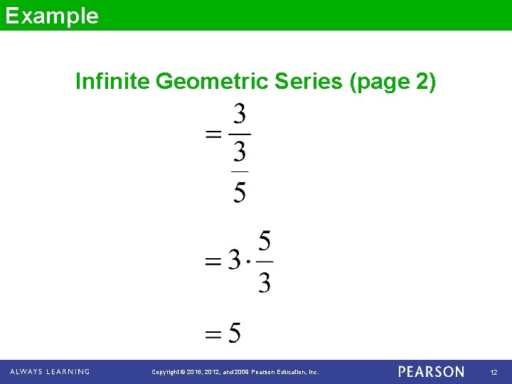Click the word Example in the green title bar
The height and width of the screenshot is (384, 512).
coord(51,16)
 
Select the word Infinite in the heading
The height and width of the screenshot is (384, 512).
coord(112,82)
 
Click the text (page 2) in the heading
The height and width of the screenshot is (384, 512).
coord(393,82)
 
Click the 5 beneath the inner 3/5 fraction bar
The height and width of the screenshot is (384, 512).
coord(240,192)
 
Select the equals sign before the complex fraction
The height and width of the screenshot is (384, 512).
coord(213,134)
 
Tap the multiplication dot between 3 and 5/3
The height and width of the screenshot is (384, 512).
coord(247,262)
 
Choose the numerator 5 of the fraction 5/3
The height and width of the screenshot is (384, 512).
coord(264,242)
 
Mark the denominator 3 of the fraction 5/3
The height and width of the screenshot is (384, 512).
coord(264,283)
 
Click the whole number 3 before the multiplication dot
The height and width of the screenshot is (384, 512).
coord(234,261)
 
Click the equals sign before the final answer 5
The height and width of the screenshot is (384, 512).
coord(213,334)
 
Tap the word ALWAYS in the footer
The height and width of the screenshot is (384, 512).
coord(26,371)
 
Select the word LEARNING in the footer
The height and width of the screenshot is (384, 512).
coord(69,371)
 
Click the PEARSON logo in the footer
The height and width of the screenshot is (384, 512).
coord(431,372)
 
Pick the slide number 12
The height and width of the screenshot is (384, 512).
coord(494,373)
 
